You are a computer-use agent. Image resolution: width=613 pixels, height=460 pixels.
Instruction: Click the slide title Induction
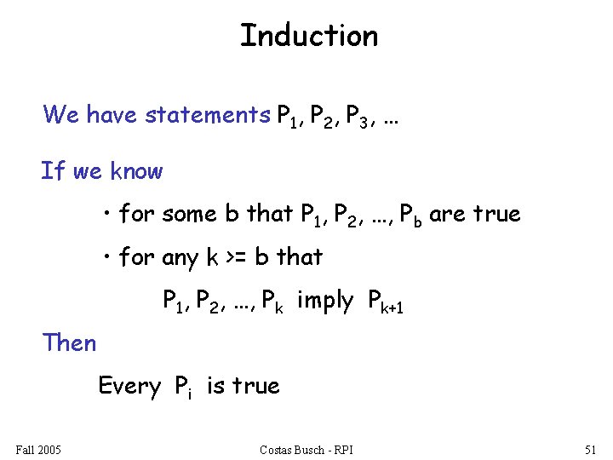point(308,36)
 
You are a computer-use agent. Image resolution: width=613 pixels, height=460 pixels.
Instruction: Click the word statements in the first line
point(207,114)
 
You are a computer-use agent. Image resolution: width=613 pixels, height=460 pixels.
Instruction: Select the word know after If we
point(135,171)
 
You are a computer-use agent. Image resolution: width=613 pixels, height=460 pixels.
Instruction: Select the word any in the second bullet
point(180,257)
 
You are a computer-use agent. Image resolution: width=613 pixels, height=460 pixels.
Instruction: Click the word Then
point(70,343)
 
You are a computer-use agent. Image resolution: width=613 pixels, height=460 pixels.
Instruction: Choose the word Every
point(129,386)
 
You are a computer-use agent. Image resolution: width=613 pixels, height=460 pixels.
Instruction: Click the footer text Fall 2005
point(38,449)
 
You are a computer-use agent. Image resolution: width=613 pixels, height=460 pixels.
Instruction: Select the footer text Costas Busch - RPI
point(307,449)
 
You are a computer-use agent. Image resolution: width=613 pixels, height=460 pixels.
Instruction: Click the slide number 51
point(592,449)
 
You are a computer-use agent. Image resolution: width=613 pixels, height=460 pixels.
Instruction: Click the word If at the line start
point(53,171)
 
